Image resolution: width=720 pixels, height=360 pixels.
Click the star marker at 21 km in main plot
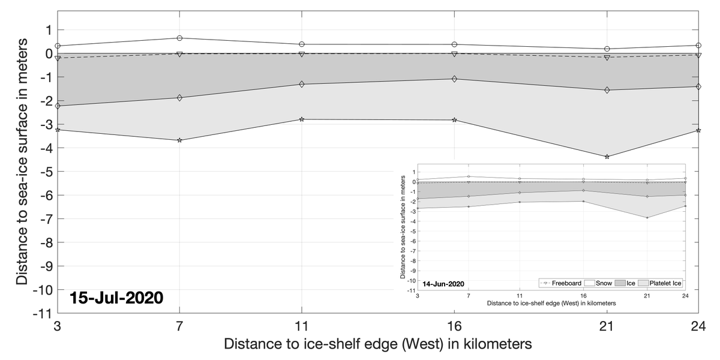point(607,157)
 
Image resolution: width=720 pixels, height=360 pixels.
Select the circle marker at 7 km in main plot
point(179,38)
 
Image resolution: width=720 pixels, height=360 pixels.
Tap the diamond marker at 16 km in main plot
point(454,79)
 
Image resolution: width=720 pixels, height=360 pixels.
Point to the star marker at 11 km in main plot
point(302,119)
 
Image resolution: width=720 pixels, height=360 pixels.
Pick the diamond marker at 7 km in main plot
point(179,97)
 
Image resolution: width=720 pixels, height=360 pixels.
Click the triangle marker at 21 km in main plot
point(607,58)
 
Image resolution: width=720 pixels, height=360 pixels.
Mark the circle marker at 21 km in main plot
point(607,49)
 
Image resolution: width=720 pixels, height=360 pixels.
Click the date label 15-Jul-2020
point(116,298)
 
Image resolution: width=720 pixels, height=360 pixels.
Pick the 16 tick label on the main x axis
point(454,327)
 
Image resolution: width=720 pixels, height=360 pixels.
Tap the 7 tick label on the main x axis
point(179,327)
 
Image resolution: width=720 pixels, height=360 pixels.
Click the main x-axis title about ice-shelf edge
point(378,345)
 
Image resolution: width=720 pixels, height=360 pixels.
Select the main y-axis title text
point(22,162)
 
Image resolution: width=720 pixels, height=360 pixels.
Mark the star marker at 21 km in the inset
point(647,217)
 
